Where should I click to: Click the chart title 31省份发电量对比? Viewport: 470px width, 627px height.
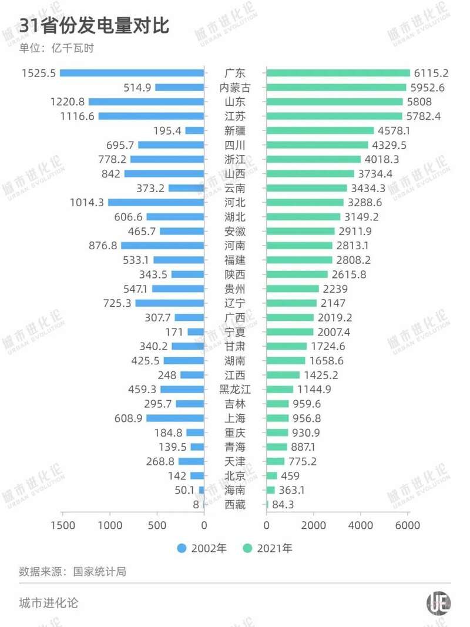coord(94,26)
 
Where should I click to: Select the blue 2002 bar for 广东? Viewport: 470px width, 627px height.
coord(132,73)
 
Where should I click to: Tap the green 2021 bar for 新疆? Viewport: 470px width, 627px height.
coord(320,130)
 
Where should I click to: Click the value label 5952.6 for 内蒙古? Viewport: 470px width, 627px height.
coord(429,88)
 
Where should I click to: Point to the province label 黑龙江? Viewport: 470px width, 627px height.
coord(235,390)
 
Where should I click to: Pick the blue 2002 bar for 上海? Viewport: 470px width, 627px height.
coord(175,418)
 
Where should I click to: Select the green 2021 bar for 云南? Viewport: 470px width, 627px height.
coord(307,188)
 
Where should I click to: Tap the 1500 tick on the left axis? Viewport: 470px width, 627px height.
coord(63,525)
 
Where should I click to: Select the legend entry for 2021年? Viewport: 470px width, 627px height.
coord(267,548)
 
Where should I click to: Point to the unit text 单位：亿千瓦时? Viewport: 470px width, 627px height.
coord(56,48)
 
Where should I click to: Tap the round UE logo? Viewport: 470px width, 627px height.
coord(438,603)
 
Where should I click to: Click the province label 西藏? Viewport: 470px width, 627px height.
coord(235,505)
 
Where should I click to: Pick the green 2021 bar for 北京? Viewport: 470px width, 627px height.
coord(272,476)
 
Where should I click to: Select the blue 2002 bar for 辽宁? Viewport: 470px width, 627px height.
coord(170,303)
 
